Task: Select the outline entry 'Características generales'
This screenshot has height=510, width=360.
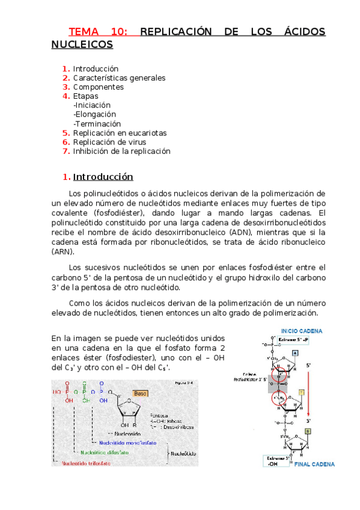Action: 119,78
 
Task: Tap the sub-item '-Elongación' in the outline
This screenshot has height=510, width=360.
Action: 94,114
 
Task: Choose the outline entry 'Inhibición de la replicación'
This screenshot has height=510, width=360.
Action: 121,151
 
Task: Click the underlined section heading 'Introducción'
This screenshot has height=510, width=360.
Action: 103,177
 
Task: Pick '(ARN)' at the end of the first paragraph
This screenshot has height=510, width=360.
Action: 63,251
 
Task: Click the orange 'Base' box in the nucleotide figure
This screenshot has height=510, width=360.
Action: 140,394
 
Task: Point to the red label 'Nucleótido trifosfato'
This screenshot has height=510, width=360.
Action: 89,464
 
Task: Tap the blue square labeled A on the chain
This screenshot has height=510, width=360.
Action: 294,354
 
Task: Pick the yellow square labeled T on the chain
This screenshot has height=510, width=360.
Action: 302,392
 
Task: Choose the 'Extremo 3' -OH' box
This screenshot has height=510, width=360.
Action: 276,460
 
